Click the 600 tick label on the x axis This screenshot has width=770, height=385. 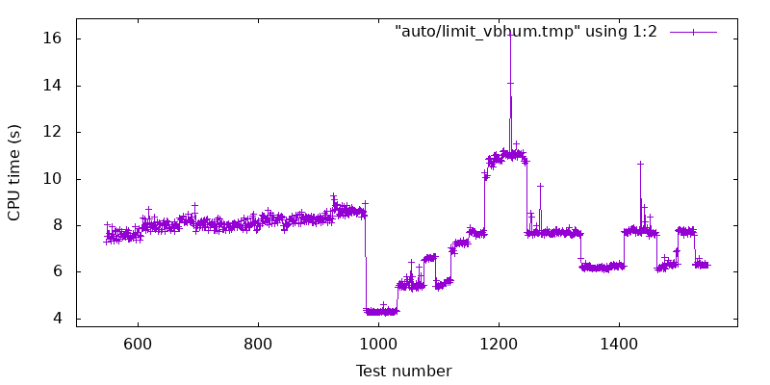[x=138, y=344]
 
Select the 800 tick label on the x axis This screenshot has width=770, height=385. [x=258, y=344]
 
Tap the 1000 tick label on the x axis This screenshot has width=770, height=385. [x=378, y=344]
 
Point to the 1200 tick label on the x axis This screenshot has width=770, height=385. [x=499, y=344]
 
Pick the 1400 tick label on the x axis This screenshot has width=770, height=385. [x=619, y=344]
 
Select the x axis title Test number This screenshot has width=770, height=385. [x=403, y=371]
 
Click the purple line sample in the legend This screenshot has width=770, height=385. [x=693, y=32]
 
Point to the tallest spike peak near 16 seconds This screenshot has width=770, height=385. [x=510, y=35]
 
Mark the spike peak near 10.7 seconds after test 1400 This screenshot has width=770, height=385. [x=640, y=164]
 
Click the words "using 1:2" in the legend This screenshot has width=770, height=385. [x=619, y=32]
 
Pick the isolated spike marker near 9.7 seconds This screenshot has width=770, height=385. [x=540, y=186]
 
